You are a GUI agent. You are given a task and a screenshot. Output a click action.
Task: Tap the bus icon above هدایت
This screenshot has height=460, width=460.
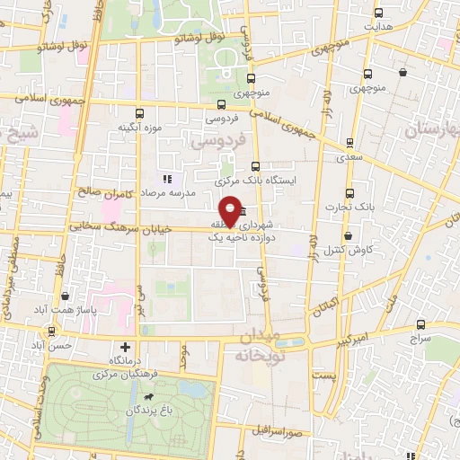coord(378,13)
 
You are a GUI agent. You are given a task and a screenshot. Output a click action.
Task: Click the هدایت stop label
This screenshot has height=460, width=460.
coord(378,27)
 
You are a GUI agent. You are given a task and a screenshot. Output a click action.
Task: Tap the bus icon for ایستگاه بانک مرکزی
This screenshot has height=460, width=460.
coord(256,166)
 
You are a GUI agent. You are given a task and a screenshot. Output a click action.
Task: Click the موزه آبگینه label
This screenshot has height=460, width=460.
coord(139,128)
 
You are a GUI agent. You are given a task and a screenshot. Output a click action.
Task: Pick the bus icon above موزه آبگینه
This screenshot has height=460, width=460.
coord(139,113)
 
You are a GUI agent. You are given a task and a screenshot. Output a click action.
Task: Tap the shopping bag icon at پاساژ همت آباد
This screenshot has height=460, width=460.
coord(65,296)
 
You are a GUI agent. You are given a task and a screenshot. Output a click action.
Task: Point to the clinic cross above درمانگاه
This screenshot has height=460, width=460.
coord(124,347)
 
